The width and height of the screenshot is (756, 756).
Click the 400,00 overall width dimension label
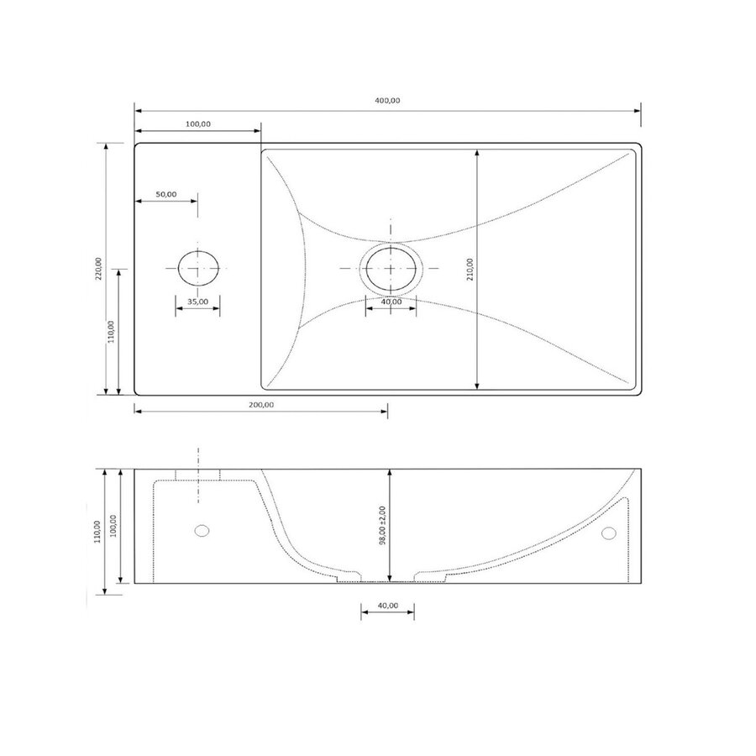[387, 101]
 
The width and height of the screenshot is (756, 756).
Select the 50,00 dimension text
[166, 194]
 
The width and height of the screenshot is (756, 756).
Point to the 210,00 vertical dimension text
[470, 270]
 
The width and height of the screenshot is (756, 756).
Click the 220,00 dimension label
[98, 267]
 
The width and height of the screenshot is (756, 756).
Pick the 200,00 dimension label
[261, 404]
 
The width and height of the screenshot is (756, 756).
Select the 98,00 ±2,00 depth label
[382, 526]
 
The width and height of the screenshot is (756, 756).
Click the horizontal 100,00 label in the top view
[197, 123]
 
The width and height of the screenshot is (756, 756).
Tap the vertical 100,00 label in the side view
[113, 526]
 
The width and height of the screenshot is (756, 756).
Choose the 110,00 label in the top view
[112, 331]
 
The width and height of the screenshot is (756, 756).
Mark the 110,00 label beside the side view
[97, 533]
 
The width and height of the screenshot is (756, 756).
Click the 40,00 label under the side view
[387, 606]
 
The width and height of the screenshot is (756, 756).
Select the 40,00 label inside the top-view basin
[391, 302]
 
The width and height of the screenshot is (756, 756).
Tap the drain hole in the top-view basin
[391, 268]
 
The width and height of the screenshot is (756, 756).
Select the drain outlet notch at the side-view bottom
[387, 579]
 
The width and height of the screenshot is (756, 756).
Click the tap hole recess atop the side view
[197, 475]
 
